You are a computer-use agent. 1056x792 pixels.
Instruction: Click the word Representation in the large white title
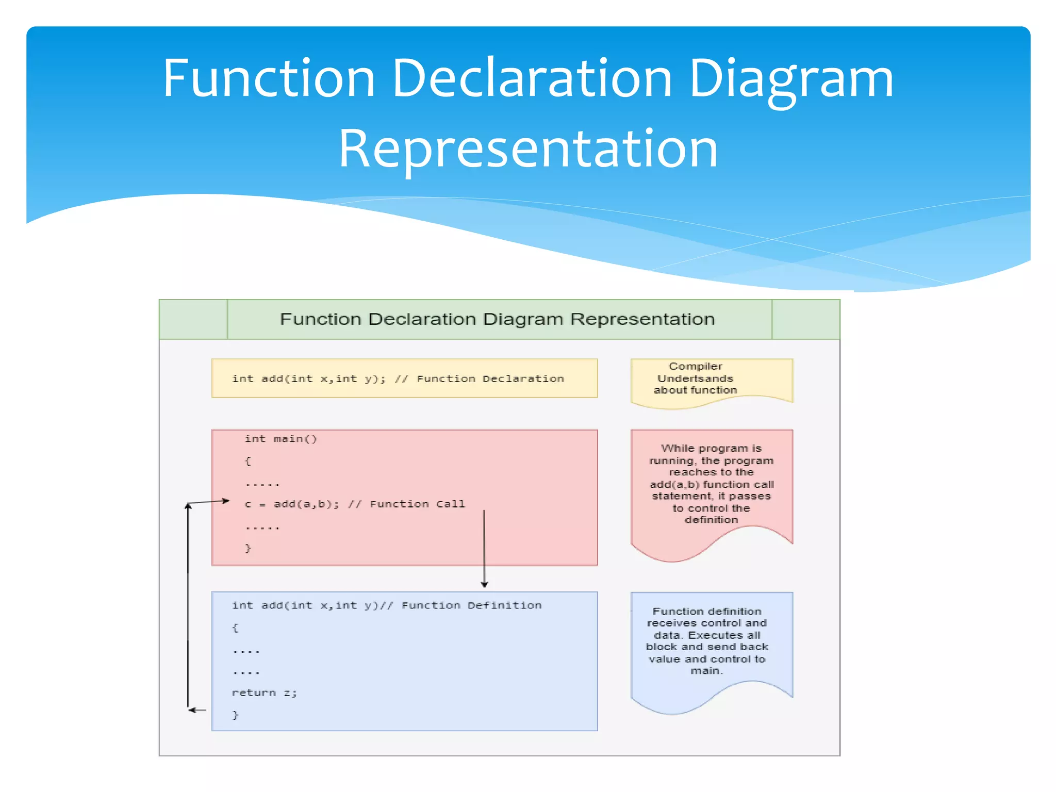(528, 150)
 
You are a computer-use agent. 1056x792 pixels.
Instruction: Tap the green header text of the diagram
(497, 319)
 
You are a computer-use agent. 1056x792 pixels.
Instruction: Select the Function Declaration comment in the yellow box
(490, 379)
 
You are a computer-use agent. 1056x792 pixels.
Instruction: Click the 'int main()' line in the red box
(280, 439)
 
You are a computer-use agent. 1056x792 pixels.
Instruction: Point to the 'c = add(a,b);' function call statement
(291, 504)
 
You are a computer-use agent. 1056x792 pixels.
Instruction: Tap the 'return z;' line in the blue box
(264, 693)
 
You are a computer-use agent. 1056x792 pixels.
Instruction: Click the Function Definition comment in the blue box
(471, 605)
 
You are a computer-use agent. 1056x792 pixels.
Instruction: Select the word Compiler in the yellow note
(695, 367)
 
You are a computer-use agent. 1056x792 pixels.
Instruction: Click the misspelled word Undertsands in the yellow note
(695, 378)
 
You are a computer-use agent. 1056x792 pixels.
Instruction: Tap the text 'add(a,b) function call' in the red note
(712, 485)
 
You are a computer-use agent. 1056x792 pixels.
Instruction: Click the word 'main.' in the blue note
(706, 671)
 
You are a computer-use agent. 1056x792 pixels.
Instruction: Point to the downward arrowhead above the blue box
(484, 584)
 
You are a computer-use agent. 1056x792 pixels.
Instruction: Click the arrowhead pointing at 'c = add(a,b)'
(225, 501)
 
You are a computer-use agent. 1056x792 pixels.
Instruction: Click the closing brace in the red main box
(248, 548)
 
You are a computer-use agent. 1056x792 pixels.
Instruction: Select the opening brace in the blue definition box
(235, 628)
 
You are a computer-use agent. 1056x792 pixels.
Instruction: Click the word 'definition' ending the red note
(711, 520)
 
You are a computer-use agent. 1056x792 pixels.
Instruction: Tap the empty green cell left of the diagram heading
(193, 319)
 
